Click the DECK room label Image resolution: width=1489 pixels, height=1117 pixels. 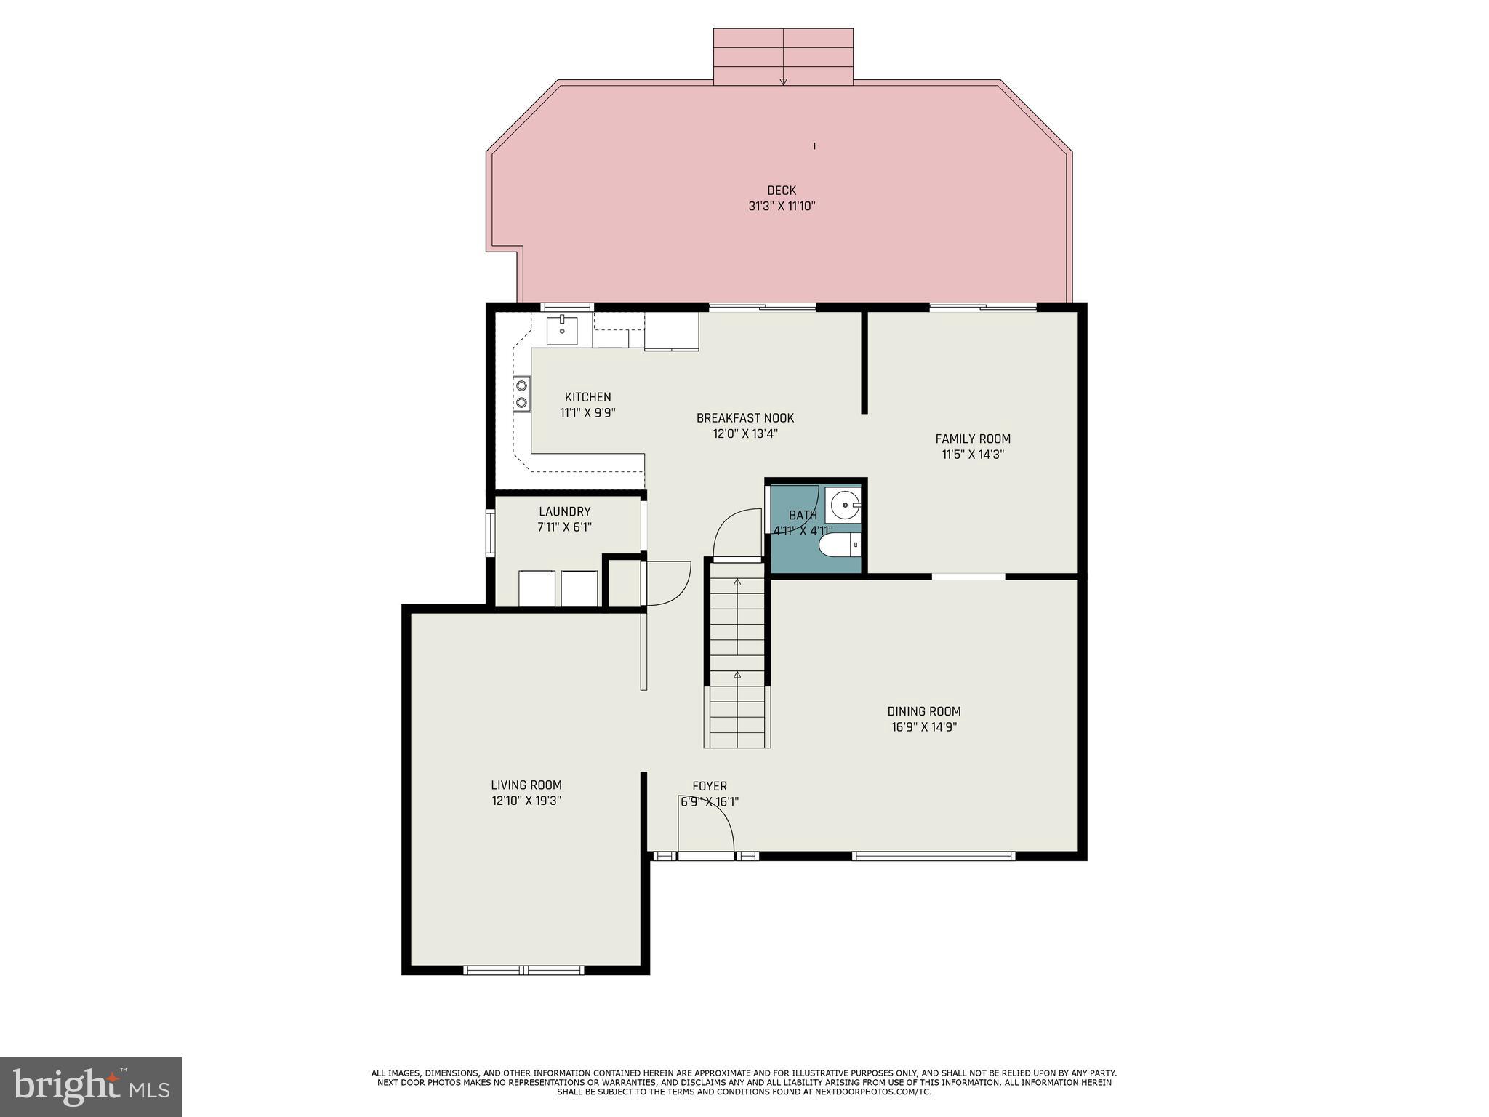coord(782,191)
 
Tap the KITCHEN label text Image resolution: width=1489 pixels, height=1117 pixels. coord(587,397)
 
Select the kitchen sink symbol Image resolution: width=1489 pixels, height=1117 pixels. coord(562,331)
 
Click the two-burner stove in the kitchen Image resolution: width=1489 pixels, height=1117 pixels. coord(521,394)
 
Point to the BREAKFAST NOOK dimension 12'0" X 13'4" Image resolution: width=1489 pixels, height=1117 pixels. coord(744,434)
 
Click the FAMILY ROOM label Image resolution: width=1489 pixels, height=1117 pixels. coord(972,439)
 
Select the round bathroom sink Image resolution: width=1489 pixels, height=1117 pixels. coord(844,503)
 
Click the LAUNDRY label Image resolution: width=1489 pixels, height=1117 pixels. coord(564,511)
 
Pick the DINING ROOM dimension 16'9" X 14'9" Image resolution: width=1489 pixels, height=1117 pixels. coord(923,727)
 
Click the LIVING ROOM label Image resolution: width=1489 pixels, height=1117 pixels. coord(526,785)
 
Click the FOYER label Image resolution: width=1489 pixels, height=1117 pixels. coord(709,786)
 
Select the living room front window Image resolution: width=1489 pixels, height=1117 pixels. coord(523,969)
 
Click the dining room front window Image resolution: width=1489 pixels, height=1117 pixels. coord(933,856)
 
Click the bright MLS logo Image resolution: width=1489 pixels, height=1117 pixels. coord(90,1087)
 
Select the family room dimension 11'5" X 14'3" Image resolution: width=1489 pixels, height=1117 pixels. coord(972,455)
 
